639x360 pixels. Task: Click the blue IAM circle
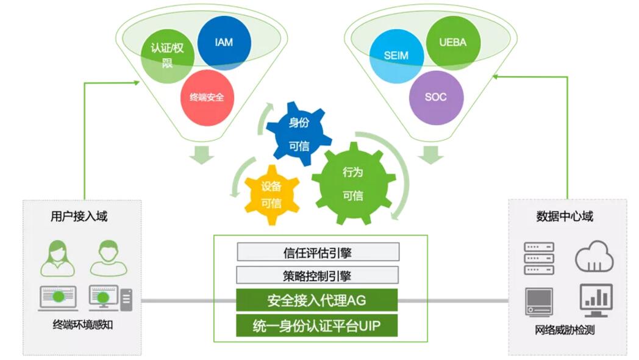[x=224, y=43]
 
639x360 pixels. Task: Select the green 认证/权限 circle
[x=168, y=56]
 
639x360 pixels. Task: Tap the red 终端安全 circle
[x=207, y=98]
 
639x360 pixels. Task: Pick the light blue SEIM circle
[x=396, y=56]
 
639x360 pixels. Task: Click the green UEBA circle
[x=453, y=43]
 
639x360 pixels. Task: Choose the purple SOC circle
[x=436, y=98]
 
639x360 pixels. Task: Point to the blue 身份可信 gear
[x=299, y=134]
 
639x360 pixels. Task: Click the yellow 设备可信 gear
[x=271, y=195]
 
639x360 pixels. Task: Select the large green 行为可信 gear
[x=353, y=184]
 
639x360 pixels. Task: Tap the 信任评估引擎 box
[x=318, y=253]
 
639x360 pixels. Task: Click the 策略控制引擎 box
[x=318, y=276]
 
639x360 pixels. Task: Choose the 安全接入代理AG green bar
[x=316, y=300]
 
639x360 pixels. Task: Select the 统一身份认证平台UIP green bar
[x=316, y=325]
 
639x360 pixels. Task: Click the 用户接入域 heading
[x=79, y=216]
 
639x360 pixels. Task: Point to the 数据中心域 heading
[x=565, y=216]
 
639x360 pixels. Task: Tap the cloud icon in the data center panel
[x=594, y=256]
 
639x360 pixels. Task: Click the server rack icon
[x=539, y=258]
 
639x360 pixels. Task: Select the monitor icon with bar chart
[x=596, y=300]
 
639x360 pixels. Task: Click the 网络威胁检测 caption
[x=565, y=330]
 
